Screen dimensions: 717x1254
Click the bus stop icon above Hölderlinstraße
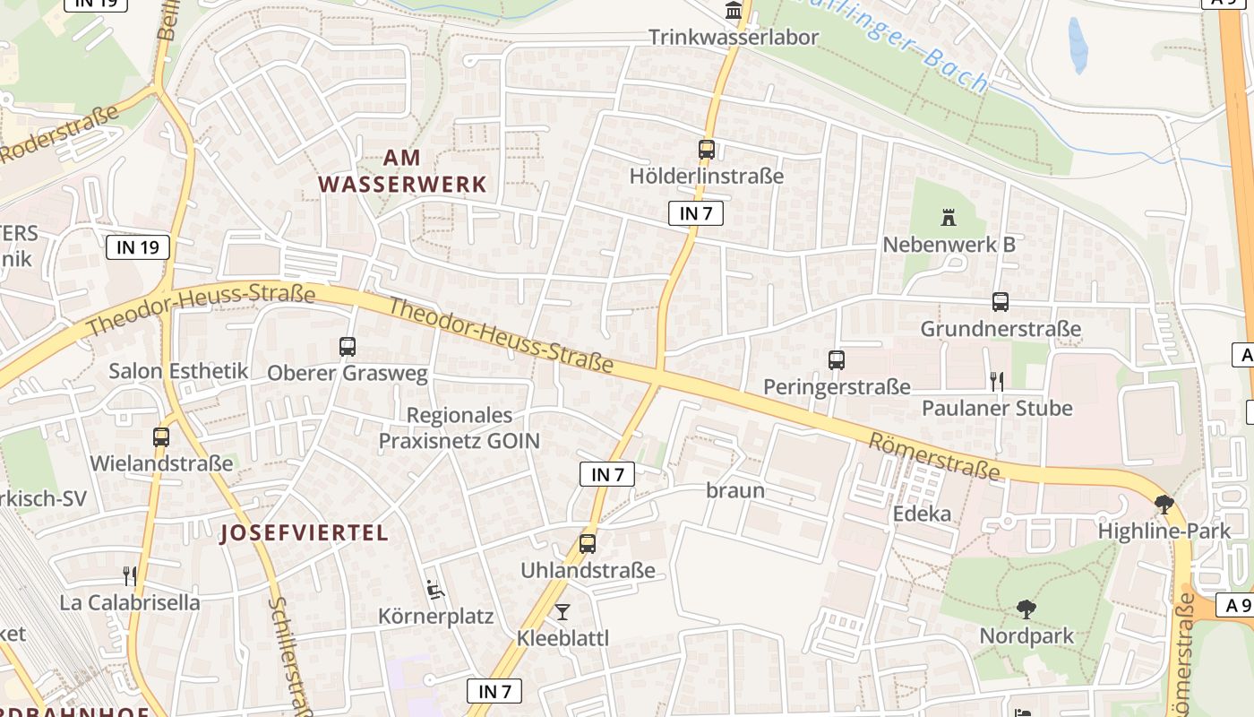(x=707, y=150)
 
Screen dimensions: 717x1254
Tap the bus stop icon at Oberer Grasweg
(x=348, y=346)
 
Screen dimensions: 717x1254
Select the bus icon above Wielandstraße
(x=161, y=437)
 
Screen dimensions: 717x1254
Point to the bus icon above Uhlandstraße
(x=588, y=543)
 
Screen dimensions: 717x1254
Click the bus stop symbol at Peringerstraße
(x=837, y=360)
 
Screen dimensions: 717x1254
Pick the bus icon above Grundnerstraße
(x=1001, y=302)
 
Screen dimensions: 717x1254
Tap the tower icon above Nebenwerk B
(x=949, y=217)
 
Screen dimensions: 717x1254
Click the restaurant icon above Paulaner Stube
(x=997, y=382)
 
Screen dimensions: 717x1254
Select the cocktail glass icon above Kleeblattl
(x=563, y=612)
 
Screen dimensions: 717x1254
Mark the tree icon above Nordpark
(x=1026, y=610)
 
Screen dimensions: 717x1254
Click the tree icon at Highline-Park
(x=1164, y=505)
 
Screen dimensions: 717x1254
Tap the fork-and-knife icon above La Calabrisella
(x=130, y=575)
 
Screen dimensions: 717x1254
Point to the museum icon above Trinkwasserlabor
(x=734, y=12)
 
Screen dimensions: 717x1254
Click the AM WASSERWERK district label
(x=402, y=171)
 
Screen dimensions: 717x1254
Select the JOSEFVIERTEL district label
(x=305, y=533)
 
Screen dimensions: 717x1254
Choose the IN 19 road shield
(x=138, y=247)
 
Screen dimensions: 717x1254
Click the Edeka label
(x=922, y=514)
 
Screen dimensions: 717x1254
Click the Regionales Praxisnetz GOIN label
(x=460, y=428)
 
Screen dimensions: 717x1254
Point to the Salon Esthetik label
(x=179, y=371)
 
